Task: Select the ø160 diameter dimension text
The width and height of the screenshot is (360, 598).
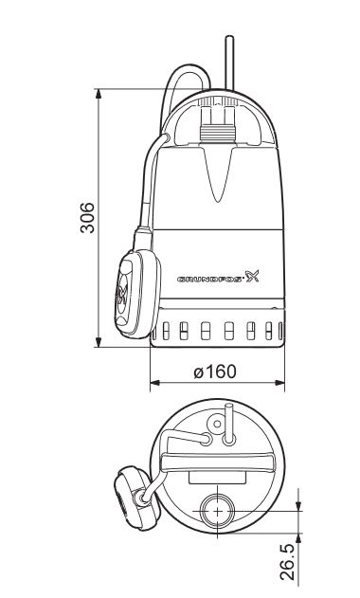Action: click(215, 371)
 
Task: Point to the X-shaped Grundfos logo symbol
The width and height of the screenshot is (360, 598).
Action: click(253, 277)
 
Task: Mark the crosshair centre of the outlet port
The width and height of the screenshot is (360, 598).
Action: click(218, 509)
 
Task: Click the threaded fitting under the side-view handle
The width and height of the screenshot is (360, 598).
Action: click(217, 124)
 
